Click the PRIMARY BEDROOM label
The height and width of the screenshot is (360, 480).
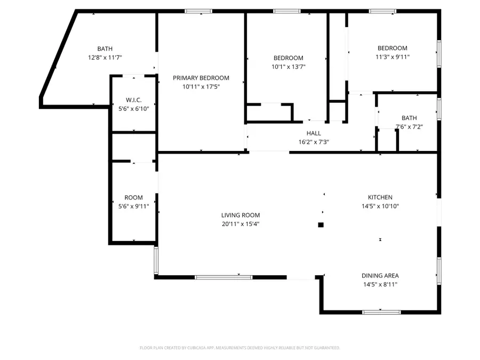pos(201,78)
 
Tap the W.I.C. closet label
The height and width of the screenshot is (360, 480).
pos(133,100)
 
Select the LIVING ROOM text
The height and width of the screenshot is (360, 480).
pos(241,215)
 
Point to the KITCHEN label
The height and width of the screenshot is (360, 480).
pos(380,197)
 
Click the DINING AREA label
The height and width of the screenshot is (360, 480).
pos(380,276)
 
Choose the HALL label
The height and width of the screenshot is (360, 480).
pos(314,133)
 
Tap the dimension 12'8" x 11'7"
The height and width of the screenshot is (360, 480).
pos(105,58)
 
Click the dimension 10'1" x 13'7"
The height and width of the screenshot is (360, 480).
pos(289,67)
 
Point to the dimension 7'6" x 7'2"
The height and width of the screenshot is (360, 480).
pos(409,127)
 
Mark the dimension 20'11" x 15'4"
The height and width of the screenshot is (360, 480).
pos(241,224)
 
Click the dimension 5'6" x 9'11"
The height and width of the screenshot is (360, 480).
pos(133,206)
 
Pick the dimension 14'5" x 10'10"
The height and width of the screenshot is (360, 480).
pos(380,206)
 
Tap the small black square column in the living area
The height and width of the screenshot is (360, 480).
pos(321,225)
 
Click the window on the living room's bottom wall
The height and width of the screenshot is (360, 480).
pos(223,277)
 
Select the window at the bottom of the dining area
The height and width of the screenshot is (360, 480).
pos(381,312)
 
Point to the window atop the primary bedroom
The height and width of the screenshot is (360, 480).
pos(198,11)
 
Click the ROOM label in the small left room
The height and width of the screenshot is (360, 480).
pos(133,198)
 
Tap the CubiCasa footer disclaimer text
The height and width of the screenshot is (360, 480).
pos(239,348)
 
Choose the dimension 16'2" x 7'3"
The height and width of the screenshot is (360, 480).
pos(314,142)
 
